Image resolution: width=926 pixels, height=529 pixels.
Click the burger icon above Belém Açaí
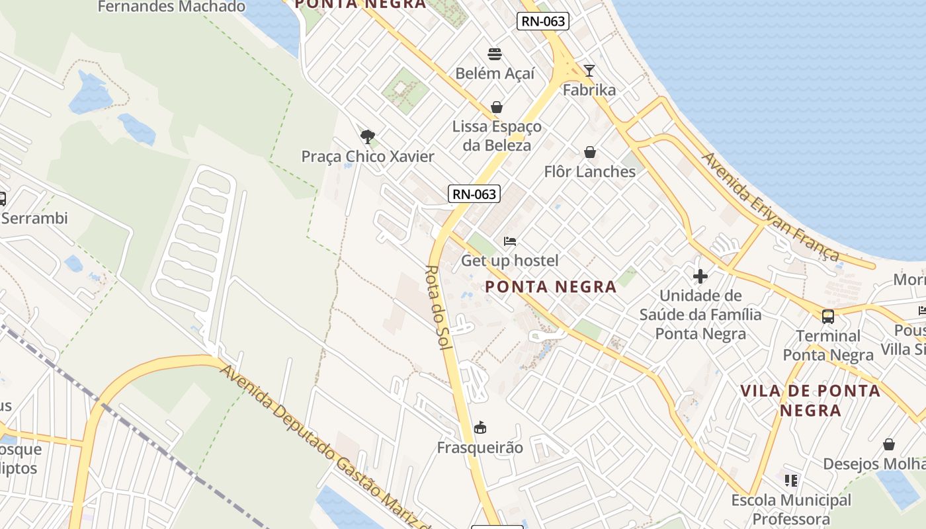[x=495, y=54]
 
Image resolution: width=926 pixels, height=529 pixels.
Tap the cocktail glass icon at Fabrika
[x=589, y=71]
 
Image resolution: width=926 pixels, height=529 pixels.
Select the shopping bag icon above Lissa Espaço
[x=497, y=107]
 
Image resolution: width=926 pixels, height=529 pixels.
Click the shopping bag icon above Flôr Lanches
[x=590, y=153]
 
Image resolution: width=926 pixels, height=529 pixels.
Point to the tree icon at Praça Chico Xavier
[x=368, y=137]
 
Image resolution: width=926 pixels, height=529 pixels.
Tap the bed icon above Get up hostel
[x=510, y=241]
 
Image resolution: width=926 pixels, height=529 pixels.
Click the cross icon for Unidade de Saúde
[x=700, y=276]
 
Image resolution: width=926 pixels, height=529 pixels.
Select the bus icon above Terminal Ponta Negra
[x=828, y=316]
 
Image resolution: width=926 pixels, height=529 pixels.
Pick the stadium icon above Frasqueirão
[x=480, y=428]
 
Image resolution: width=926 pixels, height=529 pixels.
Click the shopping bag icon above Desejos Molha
[x=889, y=444]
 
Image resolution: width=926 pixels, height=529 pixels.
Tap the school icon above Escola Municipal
[x=791, y=481]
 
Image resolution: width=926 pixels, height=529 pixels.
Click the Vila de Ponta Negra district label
[x=810, y=400]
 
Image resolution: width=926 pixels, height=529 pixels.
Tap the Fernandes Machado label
[x=171, y=7]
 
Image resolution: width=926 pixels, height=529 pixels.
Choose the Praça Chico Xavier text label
[x=368, y=157]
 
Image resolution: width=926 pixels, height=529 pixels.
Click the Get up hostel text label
[x=509, y=261]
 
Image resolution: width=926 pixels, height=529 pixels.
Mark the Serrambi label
[x=34, y=218]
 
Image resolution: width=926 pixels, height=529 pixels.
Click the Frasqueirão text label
[x=480, y=448]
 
